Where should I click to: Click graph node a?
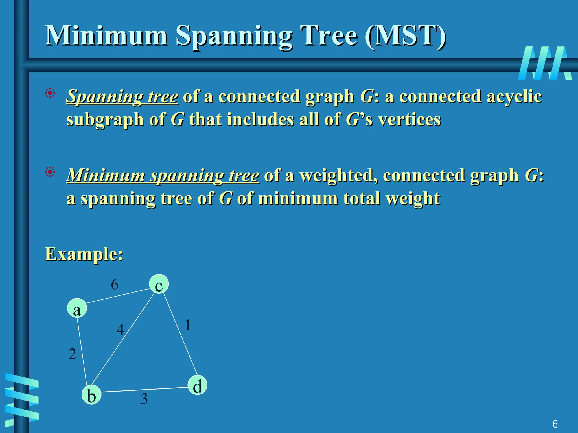point(77,308)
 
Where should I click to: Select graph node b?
point(91,395)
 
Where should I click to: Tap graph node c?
point(159,284)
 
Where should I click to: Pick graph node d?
point(197,385)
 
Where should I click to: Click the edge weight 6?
point(115,284)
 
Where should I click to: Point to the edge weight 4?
point(120,330)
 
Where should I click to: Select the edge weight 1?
point(188,325)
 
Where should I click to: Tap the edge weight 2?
point(72,354)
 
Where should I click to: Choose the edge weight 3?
point(144,399)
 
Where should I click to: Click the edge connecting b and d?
point(144,390)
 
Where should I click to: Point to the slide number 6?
point(555,424)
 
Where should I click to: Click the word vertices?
point(410,120)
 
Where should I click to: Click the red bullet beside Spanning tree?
point(50,93)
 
